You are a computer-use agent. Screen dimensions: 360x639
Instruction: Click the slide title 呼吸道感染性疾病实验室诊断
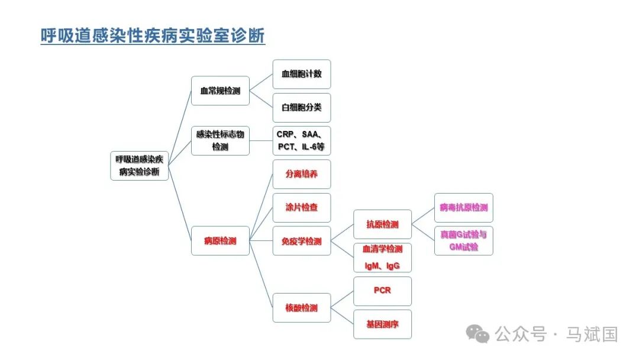point(153,36)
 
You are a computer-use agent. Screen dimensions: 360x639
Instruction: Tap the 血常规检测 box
point(220,91)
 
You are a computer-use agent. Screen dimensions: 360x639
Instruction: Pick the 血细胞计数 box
point(302,75)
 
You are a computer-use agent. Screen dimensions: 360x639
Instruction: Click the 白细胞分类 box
point(302,108)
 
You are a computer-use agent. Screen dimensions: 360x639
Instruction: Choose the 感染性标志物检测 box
point(220,141)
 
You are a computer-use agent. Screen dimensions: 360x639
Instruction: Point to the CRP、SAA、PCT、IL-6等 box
point(302,141)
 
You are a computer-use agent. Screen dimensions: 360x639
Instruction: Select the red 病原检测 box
point(220,241)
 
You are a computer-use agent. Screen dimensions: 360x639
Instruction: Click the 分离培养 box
point(302,174)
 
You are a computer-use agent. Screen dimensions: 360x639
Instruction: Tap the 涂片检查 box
point(302,208)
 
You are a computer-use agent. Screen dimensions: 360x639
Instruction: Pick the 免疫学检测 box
point(302,241)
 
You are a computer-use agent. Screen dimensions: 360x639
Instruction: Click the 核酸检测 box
point(302,308)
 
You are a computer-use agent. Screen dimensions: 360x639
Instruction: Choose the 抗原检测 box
point(382,224)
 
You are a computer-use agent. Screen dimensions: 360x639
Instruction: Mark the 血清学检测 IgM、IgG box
point(382,258)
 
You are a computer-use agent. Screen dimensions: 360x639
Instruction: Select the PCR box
point(382,291)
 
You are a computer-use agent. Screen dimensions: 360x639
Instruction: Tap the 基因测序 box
point(382,324)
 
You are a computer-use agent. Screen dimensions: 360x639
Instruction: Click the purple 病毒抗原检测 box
point(464,208)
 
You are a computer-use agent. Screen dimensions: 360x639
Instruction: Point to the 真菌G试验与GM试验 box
point(464,241)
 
